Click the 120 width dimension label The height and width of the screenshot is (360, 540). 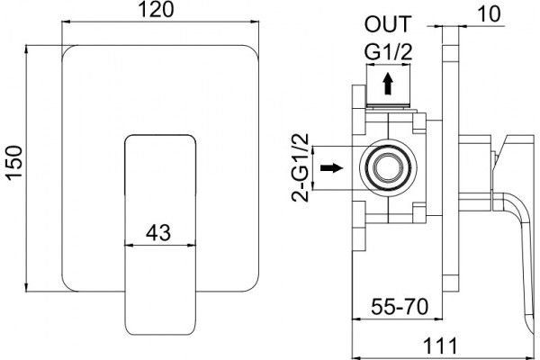click(156, 10)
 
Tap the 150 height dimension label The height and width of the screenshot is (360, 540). click(14, 162)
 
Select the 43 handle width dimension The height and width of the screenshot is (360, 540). click(158, 232)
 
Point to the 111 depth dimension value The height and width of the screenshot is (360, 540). click(440, 346)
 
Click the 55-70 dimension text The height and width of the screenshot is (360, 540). click(400, 307)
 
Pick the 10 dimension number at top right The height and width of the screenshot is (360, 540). click(489, 14)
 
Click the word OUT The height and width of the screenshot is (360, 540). click(388, 24)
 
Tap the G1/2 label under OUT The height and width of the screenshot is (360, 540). click(388, 52)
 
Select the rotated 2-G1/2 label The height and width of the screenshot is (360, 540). click(301, 167)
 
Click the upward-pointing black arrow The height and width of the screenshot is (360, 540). click(388, 84)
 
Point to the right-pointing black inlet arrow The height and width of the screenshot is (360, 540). click(331, 167)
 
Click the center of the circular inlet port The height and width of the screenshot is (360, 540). click(388, 167)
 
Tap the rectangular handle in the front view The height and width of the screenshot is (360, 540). click(160, 235)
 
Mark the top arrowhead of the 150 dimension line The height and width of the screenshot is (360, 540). click(26, 49)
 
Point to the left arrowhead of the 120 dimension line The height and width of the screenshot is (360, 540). click(66, 22)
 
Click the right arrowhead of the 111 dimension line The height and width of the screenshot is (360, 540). click(529, 357)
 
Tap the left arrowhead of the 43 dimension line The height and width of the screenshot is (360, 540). click(129, 246)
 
